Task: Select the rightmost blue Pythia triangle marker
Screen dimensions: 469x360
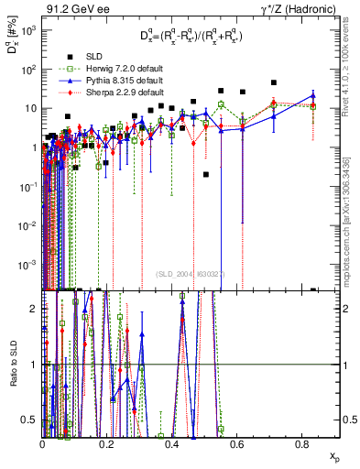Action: [313, 95]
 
